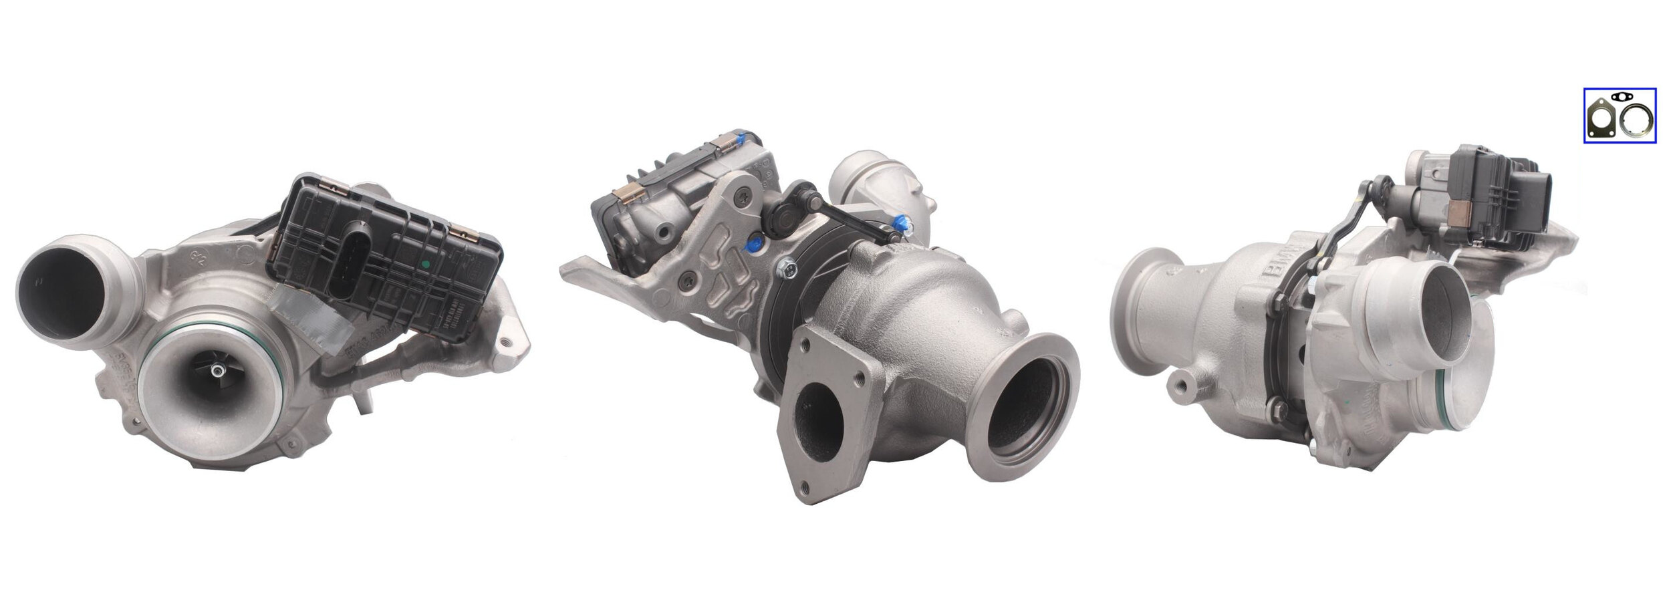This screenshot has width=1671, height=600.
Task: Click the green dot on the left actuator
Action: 424,265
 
